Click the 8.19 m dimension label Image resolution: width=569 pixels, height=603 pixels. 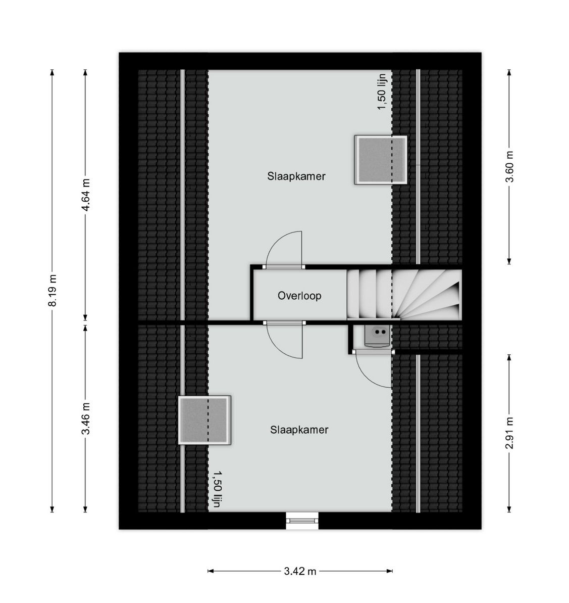point(52,290)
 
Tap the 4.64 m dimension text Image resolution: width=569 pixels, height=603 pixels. point(86,195)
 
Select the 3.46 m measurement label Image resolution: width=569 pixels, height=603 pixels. point(86,418)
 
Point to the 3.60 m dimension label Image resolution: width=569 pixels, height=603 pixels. point(509,166)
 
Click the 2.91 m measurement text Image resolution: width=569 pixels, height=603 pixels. point(509,433)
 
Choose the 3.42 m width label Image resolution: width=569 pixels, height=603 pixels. point(300,572)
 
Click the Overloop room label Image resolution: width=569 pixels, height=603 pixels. point(299,296)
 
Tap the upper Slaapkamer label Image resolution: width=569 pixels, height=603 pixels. point(296,176)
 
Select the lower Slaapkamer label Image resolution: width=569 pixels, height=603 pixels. point(299,430)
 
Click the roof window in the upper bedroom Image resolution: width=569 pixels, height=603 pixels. point(380,160)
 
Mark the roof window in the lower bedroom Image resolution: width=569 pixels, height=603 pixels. point(204,420)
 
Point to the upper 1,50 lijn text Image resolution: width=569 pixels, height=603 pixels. point(382,92)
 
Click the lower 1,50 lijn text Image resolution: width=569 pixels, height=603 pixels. point(217,489)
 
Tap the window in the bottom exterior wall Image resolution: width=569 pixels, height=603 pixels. point(302,521)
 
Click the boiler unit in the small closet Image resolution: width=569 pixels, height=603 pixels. point(377,336)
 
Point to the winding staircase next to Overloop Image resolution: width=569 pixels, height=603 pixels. point(404,295)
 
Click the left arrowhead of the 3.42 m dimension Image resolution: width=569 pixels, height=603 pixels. point(210,571)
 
